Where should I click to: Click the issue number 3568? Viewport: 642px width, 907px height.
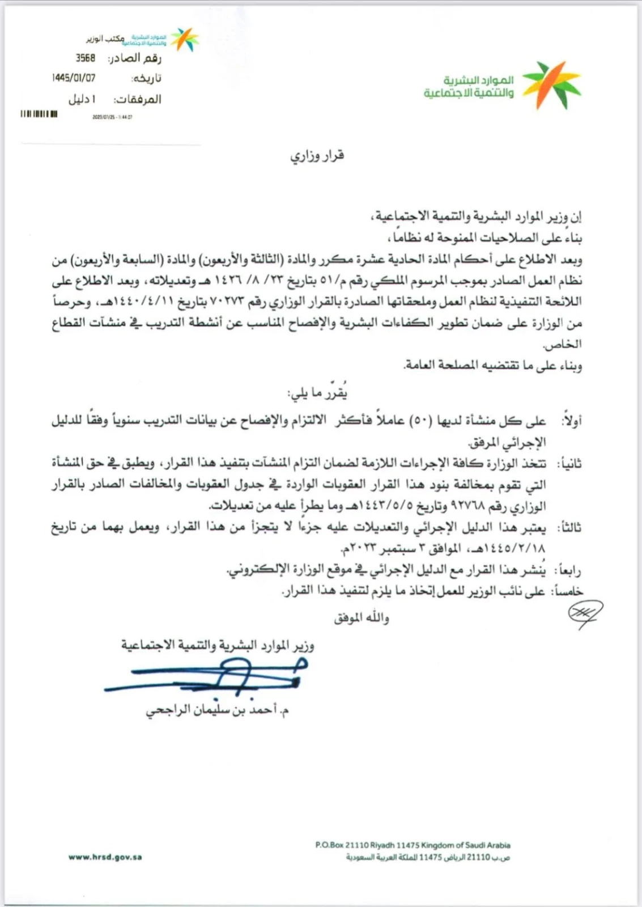[x=86, y=58]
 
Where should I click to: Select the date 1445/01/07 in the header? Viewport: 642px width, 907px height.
[x=74, y=78]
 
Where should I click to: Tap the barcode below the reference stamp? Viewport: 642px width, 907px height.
[x=39, y=114]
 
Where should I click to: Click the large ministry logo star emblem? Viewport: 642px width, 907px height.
[x=551, y=85]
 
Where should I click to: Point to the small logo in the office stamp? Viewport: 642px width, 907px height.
[x=185, y=39]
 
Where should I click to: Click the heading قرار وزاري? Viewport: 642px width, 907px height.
[x=317, y=155]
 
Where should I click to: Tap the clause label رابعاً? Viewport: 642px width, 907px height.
[x=569, y=570]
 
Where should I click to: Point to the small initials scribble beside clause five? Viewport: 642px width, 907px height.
[x=585, y=613]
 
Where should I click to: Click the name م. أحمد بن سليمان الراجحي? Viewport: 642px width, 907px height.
[x=218, y=710]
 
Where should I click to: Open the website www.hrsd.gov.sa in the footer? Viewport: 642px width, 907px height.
[x=105, y=857]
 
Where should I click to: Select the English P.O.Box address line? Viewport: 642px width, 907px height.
[x=413, y=845]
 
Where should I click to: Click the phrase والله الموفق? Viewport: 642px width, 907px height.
[x=362, y=617]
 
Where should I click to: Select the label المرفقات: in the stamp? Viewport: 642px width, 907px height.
[x=137, y=99]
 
